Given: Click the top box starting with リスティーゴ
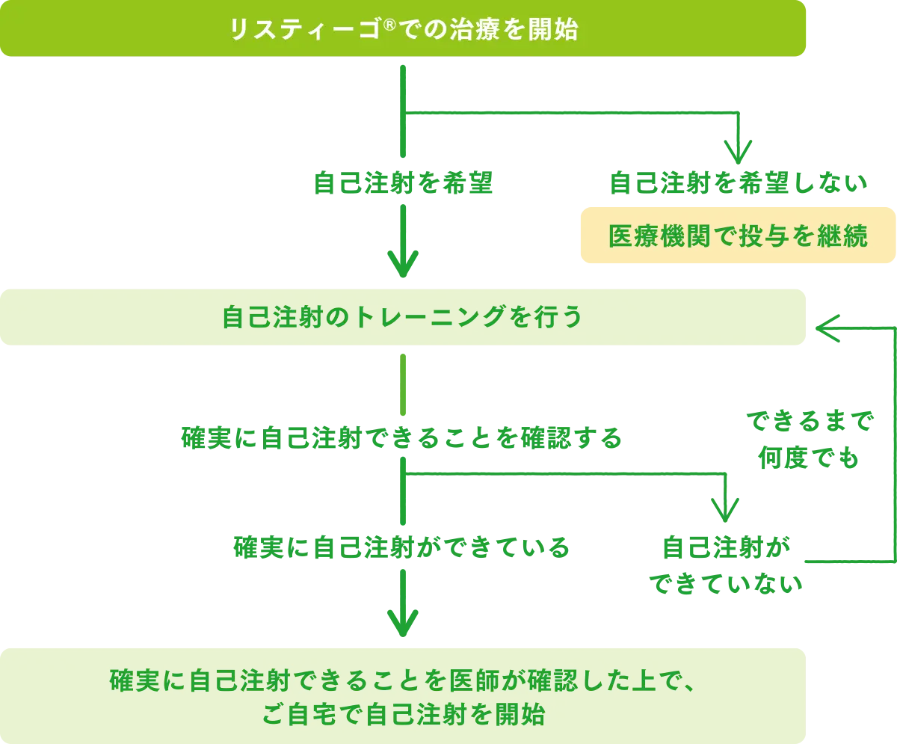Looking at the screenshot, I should click(404, 29).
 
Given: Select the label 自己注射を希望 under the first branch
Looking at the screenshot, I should click(404, 184).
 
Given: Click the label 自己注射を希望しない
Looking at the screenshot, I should click(738, 184).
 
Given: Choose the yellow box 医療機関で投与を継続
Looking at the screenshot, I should click(738, 236).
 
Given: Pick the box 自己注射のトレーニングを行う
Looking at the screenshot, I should click(404, 317).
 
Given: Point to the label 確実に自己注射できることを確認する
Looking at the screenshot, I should click(402, 437).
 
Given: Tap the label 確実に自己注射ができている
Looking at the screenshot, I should click(404, 548).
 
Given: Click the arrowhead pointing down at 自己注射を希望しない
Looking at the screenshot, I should click(738, 154).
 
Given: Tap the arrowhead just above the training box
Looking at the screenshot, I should click(403, 262).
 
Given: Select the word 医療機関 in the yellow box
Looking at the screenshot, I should click(650, 236).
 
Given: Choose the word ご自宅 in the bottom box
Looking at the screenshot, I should click(298, 715).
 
